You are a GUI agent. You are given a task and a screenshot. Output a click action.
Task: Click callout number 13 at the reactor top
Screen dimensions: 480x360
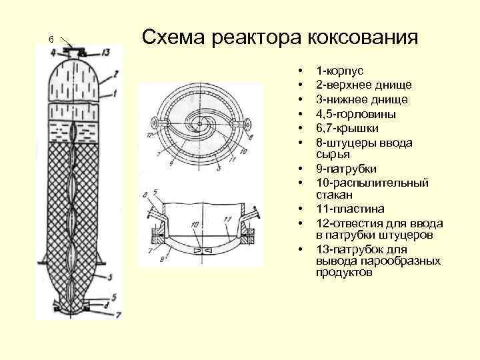(x=105, y=53)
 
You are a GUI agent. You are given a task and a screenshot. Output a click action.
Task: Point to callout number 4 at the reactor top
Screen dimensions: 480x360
(x=53, y=53)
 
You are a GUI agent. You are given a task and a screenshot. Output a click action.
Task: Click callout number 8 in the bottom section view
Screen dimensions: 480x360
(x=145, y=195)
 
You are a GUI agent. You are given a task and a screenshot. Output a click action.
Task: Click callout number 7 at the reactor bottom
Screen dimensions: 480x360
(x=117, y=313)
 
